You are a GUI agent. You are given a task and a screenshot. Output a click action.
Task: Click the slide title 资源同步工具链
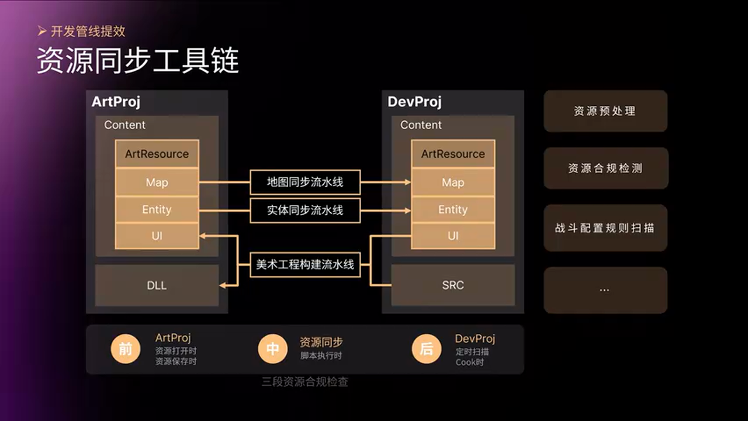[138, 61]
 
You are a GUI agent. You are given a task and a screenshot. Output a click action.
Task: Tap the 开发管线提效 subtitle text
[87, 31]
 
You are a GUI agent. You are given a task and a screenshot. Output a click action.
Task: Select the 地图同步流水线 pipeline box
[305, 182]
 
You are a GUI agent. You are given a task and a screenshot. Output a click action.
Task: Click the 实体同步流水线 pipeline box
[305, 210]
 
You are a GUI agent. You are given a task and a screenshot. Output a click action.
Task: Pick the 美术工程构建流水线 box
[305, 264]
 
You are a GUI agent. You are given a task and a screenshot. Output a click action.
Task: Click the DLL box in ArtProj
[157, 285]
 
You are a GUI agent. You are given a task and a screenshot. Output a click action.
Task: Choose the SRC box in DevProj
[453, 285]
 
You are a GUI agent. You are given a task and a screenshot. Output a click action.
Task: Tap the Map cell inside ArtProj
[157, 182]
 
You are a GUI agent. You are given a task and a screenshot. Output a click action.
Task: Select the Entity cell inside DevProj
[453, 209]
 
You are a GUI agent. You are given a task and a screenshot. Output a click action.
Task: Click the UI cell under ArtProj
[157, 236]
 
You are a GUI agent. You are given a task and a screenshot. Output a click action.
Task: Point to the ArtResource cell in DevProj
[453, 154]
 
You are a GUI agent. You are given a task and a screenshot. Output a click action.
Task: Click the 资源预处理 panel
[605, 111]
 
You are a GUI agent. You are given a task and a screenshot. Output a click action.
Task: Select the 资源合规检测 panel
[605, 168]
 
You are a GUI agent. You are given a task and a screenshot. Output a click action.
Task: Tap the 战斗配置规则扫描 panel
[605, 228]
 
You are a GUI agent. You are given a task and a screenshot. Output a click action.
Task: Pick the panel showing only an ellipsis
[605, 290]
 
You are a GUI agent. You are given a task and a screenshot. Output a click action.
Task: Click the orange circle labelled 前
[126, 349]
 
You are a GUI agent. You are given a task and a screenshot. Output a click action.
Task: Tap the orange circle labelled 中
[273, 349]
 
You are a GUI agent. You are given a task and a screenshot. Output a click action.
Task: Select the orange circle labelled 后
[427, 349]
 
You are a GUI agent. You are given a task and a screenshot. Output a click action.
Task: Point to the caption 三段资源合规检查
[305, 382]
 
